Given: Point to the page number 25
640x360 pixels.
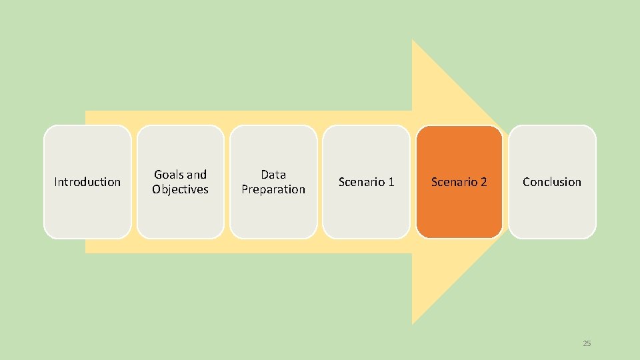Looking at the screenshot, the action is click(587, 343).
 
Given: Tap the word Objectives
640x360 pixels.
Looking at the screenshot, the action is click(180, 189).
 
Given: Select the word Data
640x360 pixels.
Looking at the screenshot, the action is click(273, 175).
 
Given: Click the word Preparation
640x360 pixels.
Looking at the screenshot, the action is click(273, 189).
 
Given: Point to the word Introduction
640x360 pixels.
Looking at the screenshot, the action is click(87, 182).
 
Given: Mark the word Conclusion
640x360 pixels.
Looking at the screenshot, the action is click(552, 182).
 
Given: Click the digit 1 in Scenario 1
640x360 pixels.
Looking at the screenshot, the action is click(391, 182).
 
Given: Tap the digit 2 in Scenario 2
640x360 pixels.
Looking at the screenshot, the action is click(483, 182).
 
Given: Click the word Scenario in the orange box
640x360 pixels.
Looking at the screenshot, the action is click(453, 182).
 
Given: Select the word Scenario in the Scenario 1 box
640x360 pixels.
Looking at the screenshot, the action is click(361, 182).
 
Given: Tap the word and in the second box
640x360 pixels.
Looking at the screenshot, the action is click(196, 175).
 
